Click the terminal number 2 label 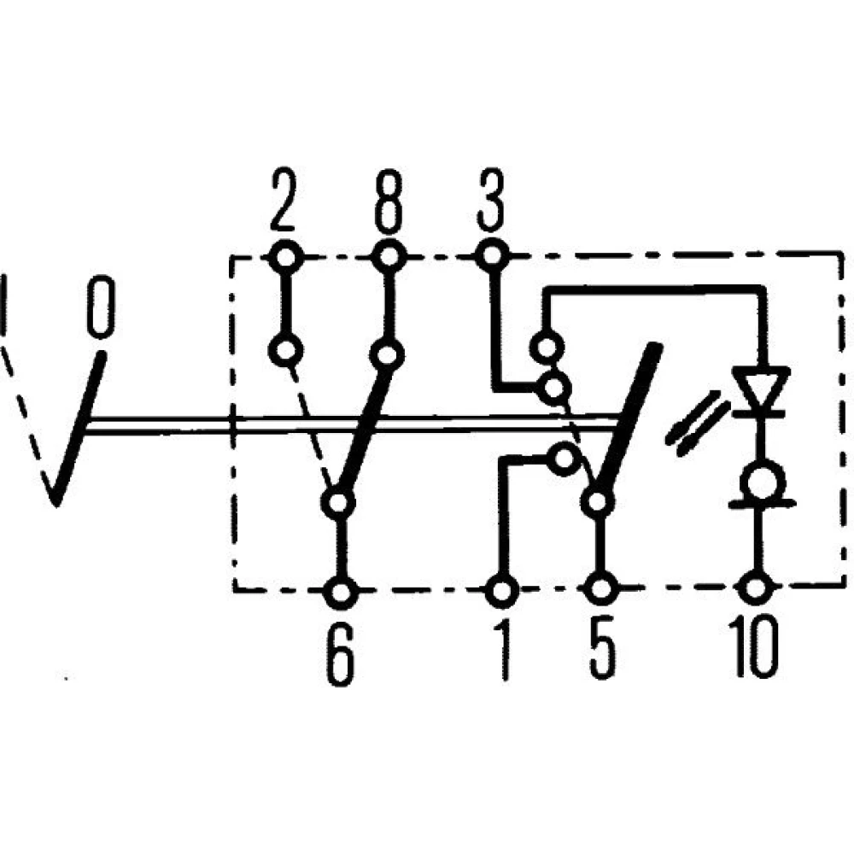click(283, 202)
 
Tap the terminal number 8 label click(389, 202)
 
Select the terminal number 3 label click(489, 202)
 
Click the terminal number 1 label click(504, 654)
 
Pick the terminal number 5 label click(601, 654)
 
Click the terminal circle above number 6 click(341, 590)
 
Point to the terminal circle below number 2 click(285, 255)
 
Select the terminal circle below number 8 click(389, 255)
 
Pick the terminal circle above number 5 click(601, 589)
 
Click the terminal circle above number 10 click(755, 588)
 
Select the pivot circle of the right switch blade click(597, 502)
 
